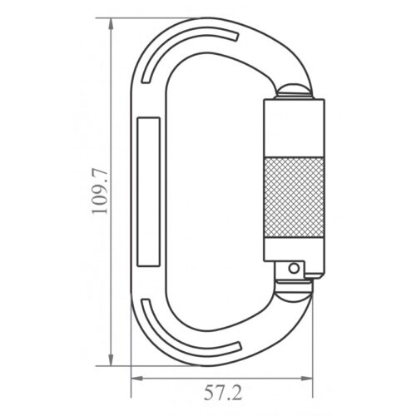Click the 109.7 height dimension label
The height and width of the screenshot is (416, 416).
(x=99, y=191)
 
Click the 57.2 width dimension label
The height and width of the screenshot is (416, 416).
(x=223, y=393)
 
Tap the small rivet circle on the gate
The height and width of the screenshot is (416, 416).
(x=294, y=268)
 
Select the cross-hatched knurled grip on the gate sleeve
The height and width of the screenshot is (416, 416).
(x=294, y=197)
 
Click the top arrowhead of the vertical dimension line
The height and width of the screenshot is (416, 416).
(x=111, y=24)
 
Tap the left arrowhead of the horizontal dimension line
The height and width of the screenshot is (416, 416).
(x=137, y=379)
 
